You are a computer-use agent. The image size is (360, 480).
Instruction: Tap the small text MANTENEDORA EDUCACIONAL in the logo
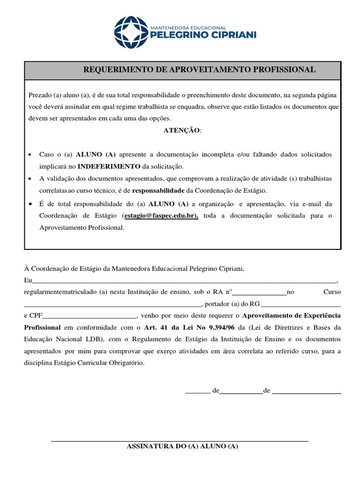[x=188, y=28]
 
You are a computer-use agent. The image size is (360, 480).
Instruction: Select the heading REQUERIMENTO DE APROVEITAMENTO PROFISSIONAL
[x=199, y=70]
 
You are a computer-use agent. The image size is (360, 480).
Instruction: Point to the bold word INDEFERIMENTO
[x=109, y=166]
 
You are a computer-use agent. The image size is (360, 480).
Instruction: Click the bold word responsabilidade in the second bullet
[x=158, y=191]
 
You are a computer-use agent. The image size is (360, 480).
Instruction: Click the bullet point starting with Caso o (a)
[x=30, y=155]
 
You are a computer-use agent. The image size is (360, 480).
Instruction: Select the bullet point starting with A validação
[x=30, y=179]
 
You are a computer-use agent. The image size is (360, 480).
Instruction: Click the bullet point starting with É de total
[x=30, y=204]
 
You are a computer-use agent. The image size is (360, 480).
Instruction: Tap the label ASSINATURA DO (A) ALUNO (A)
[x=182, y=447]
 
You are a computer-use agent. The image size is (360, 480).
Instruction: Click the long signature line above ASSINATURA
[x=180, y=441]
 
